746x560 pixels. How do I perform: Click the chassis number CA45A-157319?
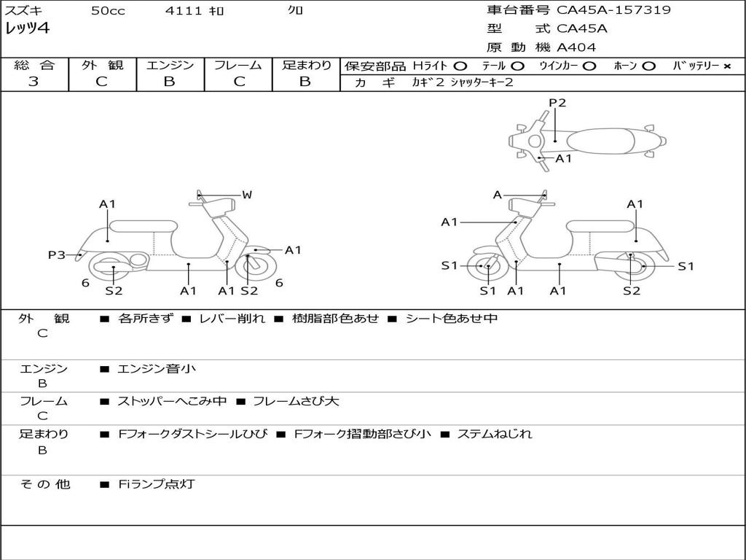click(613, 10)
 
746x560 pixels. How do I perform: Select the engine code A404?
click(576, 47)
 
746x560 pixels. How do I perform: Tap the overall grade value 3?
click(34, 82)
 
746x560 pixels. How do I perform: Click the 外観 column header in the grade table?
click(102, 65)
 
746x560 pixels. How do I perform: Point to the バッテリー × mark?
click(726, 66)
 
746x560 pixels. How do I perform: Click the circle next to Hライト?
click(460, 66)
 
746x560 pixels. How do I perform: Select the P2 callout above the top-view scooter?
click(557, 102)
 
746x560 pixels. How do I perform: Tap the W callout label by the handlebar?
click(246, 194)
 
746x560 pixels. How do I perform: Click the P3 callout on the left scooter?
click(57, 254)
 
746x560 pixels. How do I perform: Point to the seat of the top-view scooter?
click(601, 141)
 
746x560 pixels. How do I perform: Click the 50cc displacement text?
click(108, 10)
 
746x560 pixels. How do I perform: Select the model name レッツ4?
click(27, 28)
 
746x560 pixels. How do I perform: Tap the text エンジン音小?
click(157, 368)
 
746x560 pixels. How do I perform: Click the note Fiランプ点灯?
click(157, 484)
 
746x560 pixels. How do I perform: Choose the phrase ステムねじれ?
click(495, 434)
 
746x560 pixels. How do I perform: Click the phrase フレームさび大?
click(296, 401)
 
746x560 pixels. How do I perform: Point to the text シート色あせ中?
click(452, 318)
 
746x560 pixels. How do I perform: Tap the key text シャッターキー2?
click(482, 82)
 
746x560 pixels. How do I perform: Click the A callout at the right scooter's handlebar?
click(498, 195)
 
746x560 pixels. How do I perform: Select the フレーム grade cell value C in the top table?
click(239, 82)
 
